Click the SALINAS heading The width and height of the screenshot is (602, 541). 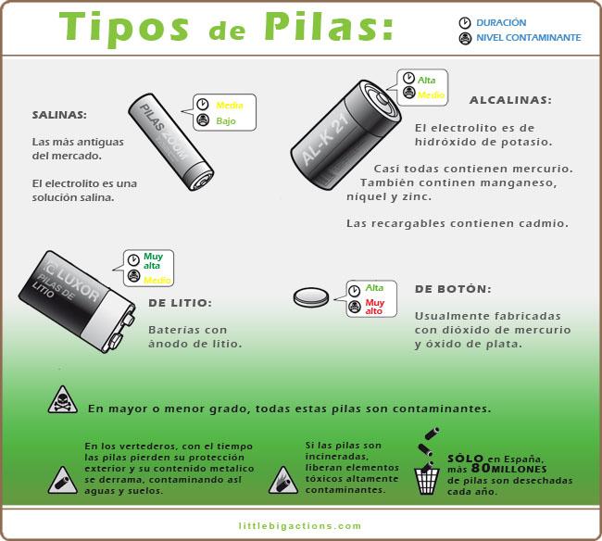59,116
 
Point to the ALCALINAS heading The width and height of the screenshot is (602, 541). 509,100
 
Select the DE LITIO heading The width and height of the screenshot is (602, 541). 180,303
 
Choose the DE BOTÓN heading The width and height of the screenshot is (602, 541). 453,289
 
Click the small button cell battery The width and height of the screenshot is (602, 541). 311,298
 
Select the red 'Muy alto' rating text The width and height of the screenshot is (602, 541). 374,307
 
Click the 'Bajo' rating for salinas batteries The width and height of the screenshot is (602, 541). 226,121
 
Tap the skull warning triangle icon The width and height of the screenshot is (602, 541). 62,400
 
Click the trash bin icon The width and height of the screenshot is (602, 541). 426,481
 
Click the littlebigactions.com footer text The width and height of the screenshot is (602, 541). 301,526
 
